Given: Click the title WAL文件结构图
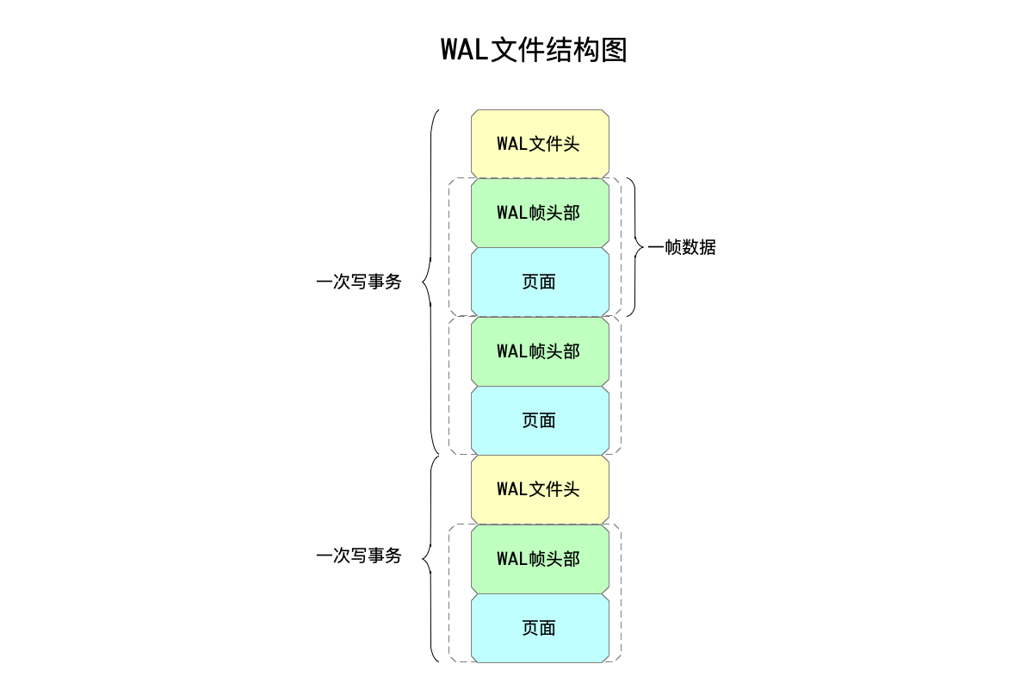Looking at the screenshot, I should click(534, 49).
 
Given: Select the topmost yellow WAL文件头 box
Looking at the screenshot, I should click(540, 143).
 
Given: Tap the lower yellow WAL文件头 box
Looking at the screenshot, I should click(540, 489).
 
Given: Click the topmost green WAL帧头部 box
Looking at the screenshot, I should click(540, 213).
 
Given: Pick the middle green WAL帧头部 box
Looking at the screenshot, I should click(540, 351).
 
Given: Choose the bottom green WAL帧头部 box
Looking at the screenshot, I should click(540, 559).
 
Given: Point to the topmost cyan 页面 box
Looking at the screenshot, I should click(540, 282).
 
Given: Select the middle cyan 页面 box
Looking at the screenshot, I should click(540, 420).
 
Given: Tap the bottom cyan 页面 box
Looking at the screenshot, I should click(540, 628).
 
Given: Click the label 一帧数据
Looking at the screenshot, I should click(682, 247).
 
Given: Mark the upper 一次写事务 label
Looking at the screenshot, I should click(359, 282).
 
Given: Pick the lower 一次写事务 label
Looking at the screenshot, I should click(359, 556).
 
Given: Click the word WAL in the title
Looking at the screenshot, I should click(464, 49).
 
